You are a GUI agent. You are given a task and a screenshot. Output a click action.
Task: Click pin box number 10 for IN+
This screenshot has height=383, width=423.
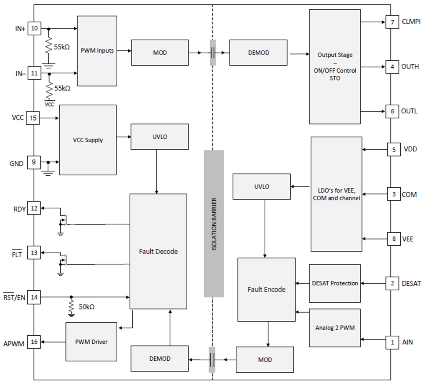pyautogui.click(x=34, y=29)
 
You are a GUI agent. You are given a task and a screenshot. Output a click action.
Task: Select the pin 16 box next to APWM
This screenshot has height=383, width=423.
pyautogui.click(x=34, y=341)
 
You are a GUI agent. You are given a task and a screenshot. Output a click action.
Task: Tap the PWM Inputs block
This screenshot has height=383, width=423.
pyautogui.click(x=97, y=51)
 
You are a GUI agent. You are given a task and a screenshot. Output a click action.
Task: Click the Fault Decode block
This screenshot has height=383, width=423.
pyautogui.click(x=158, y=251)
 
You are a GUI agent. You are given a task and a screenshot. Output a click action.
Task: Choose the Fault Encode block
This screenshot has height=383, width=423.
pyautogui.click(x=266, y=289)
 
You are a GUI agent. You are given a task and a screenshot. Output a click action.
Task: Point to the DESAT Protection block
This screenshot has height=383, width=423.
pyautogui.click(x=335, y=283)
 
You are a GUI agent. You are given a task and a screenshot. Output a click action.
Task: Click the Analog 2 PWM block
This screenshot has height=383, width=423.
pyautogui.click(x=335, y=328)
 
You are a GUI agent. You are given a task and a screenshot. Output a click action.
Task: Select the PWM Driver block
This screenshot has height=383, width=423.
pyautogui.click(x=91, y=341)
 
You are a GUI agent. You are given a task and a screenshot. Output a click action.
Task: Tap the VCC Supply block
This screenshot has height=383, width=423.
pyautogui.click(x=88, y=140)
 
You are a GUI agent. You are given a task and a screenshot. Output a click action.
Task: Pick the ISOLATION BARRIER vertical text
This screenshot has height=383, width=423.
pyautogui.click(x=214, y=225)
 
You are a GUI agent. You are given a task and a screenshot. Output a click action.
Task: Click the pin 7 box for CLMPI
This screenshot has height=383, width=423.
pyautogui.click(x=392, y=22)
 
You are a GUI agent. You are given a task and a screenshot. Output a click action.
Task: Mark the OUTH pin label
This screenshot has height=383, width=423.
pyautogui.click(x=410, y=67)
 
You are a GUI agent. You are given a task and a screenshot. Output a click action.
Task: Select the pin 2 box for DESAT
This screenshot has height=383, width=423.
pyautogui.click(x=392, y=283)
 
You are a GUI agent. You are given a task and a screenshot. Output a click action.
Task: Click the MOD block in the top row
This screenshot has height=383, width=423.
pyautogui.click(x=160, y=53)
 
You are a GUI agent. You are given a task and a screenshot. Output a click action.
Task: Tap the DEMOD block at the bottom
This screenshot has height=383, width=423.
pyautogui.click(x=160, y=358)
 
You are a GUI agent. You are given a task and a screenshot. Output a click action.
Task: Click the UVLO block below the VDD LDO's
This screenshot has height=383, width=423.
pyautogui.click(x=261, y=187)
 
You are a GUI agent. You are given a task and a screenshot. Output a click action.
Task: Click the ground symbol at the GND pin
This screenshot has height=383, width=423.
pyautogui.click(x=48, y=170)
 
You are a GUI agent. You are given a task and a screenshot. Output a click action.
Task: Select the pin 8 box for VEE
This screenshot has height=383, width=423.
pyautogui.click(x=394, y=239)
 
